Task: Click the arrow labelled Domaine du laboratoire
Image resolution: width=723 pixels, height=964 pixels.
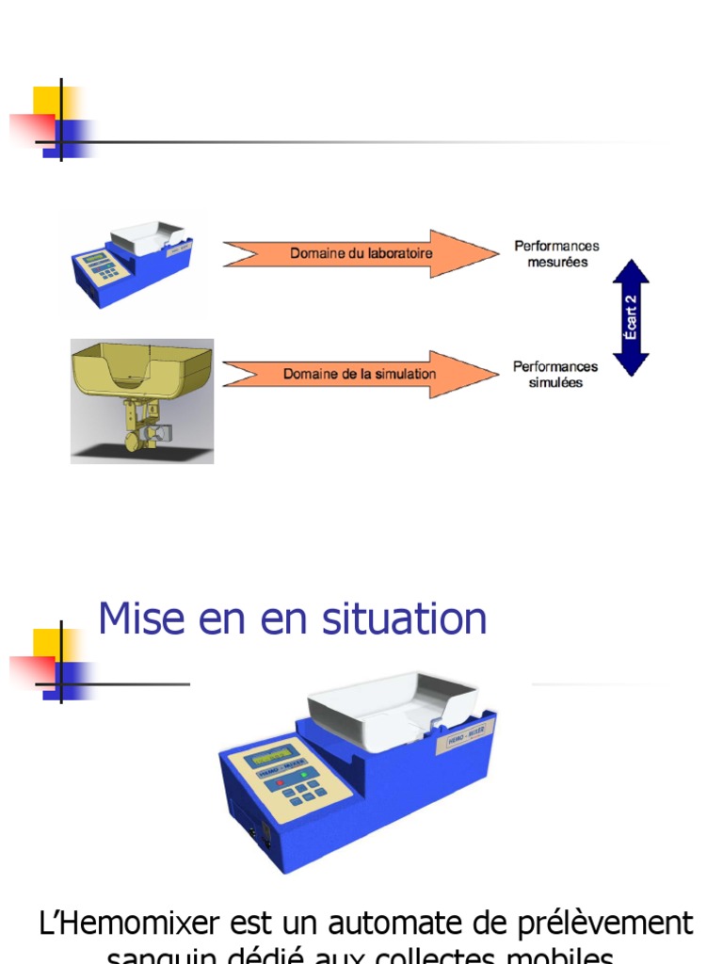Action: pyautogui.click(x=361, y=253)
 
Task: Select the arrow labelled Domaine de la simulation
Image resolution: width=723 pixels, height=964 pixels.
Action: pyautogui.click(x=360, y=374)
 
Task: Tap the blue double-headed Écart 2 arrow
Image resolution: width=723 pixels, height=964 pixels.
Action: pyautogui.click(x=631, y=318)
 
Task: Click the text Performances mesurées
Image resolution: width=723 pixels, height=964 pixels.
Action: pyautogui.click(x=556, y=254)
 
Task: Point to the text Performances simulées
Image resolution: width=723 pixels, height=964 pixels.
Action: pyautogui.click(x=555, y=375)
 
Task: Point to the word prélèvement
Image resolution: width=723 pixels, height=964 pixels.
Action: pyautogui.click(x=616, y=923)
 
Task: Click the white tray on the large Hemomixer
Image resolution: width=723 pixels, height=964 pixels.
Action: pyautogui.click(x=394, y=706)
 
